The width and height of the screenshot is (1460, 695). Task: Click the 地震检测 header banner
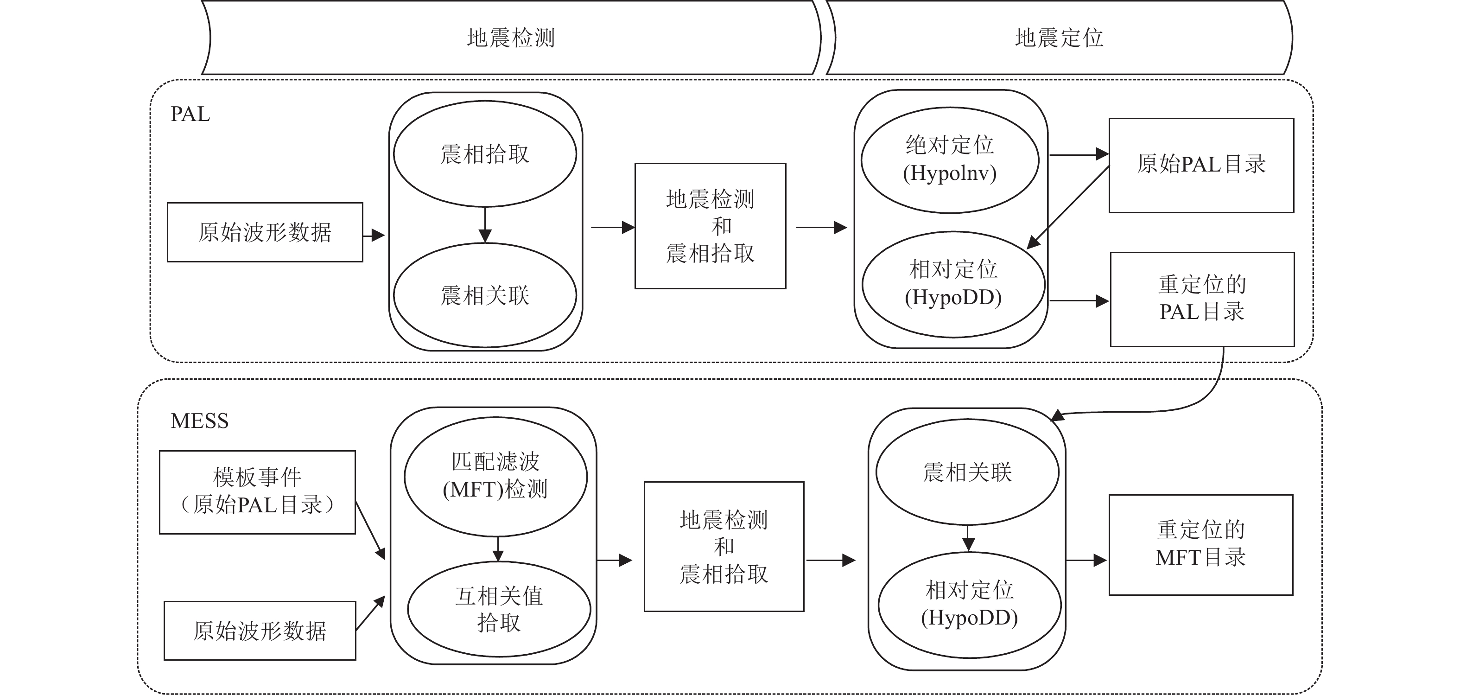pos(510,38)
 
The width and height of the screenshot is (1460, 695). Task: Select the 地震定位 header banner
pos(1059,38)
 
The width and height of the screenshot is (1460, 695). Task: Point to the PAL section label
pos(190,114)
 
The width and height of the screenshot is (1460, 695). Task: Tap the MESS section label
pos(199,421)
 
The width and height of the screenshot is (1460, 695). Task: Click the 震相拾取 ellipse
pos(485,153)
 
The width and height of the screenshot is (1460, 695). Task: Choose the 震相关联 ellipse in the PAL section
pos(485,295)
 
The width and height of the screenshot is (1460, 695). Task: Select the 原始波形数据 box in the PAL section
pos(265,232)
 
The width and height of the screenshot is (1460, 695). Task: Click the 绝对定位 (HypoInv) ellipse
pos(950,160)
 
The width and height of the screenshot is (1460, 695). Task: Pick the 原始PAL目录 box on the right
pos(1201,166)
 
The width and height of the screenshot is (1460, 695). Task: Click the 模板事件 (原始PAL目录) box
pos(257,492)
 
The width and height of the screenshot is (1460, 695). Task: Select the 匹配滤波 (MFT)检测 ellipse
pos(495,477)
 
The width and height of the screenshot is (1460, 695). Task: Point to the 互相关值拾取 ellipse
pos(499,609)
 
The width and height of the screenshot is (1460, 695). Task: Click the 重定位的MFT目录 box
pos(1200,545)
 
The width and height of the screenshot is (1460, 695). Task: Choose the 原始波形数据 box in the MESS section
pos(260,631)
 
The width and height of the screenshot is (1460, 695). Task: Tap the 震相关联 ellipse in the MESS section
pos(967,472)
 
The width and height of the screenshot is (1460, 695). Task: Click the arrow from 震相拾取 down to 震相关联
pos(485,224)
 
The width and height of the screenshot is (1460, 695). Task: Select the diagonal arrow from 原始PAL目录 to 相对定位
pos(1068,207)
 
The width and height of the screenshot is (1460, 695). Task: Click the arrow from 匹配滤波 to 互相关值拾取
pos(498,549)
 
